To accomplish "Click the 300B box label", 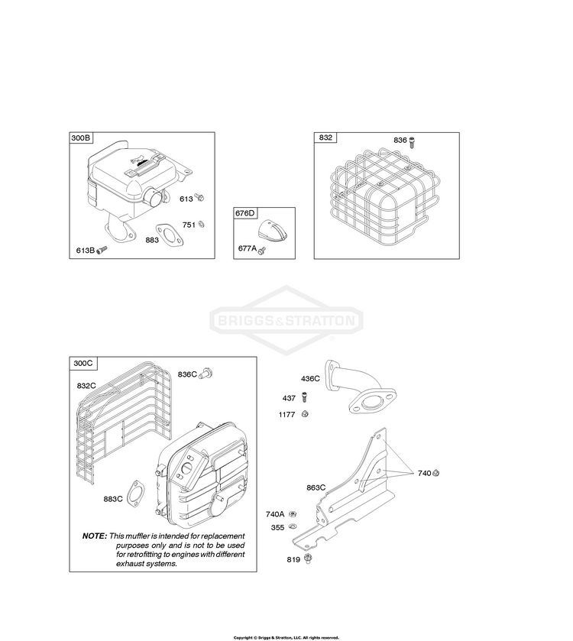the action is (x=81, y=138).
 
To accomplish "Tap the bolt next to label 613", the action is (x=199, y=198).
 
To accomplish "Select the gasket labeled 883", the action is (x=169, y=235).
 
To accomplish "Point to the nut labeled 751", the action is (x=201, y=225).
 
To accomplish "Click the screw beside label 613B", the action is (x=102, y=249).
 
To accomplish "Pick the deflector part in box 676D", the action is (x=272, y=230).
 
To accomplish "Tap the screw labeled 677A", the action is (x=262, y=250).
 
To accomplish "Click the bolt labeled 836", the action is (x=412, y=142).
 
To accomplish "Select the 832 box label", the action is (x=325, y=138).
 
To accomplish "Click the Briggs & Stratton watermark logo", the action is (x=286, y=320).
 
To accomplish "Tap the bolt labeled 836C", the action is (x=206, y=374).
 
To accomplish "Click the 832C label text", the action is (x=86, y=386).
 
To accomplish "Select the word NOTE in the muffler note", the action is (x=95, y=536).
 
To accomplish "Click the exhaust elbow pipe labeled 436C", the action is (x=360, y=386).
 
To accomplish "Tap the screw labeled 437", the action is (x=304, y=397).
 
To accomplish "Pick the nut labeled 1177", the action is (x=305, y=414).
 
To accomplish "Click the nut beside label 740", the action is (x=435, y=473).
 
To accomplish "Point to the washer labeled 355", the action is (x=293, y=526).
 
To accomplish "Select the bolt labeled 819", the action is (x=309, y=558).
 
